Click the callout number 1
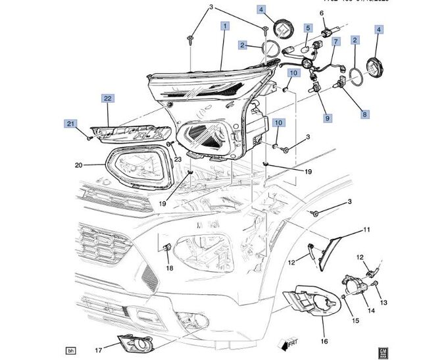(x=225, y=26)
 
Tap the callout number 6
(x=322, y=13)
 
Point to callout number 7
(x=335, y=41)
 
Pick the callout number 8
(x=364, y=114)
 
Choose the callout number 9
(x=327, y=117)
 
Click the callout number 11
(x=367, y=230)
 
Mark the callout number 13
(x=384, y=302)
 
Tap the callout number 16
(x=324, y=341)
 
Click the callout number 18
(x=169, y=268)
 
